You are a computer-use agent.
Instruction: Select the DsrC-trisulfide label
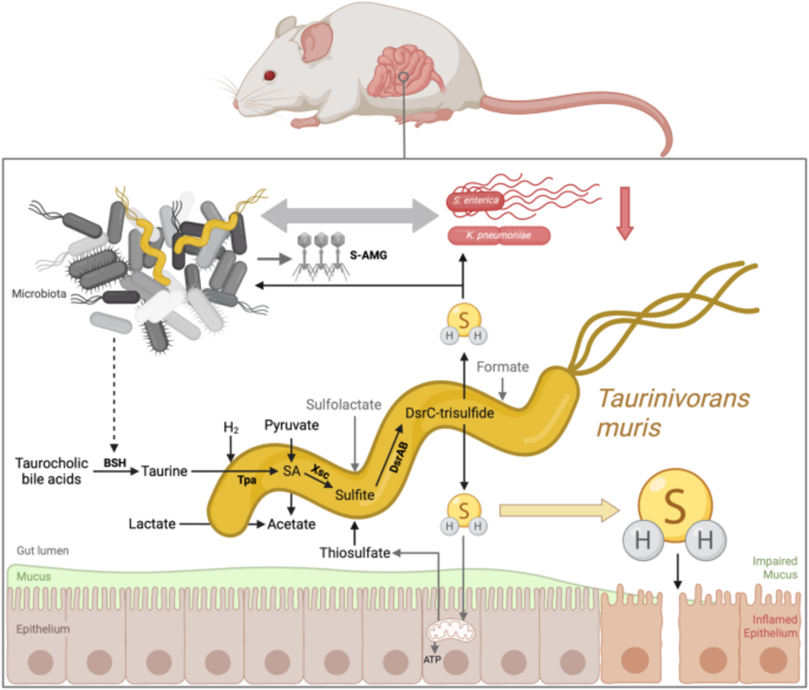click(x=449, y=413)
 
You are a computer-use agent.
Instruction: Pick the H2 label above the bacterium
click(x=231, y=429)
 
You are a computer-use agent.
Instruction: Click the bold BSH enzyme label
click(x=115, y=462)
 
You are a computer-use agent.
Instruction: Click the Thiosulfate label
click(x=354, y=552)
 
